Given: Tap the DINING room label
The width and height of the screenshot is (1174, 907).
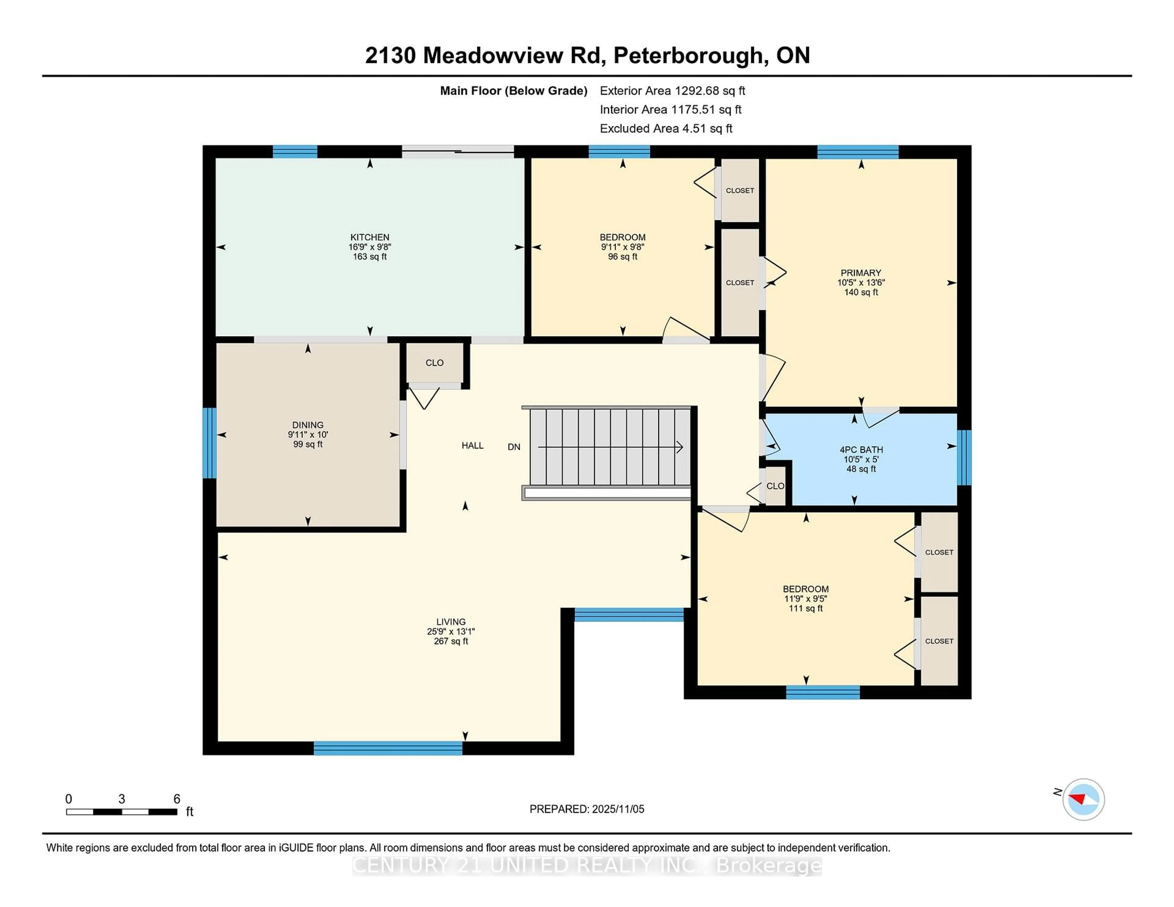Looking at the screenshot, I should (x=308, y=424).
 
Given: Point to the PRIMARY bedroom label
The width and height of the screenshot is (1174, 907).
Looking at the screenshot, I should (x=861, y=273).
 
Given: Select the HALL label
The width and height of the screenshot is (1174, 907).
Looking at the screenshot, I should (x=472, y=446).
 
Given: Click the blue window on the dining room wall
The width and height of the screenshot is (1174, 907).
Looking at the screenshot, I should (x=209, y=443).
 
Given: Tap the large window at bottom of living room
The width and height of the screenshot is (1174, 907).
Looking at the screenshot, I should (x=388, y=748).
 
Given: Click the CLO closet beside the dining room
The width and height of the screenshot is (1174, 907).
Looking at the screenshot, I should (x=434, y=363).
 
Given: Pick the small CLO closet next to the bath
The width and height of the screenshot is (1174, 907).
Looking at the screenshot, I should (x=775, y=486).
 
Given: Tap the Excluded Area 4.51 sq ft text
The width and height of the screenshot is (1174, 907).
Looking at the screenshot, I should (x=666, y=128).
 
